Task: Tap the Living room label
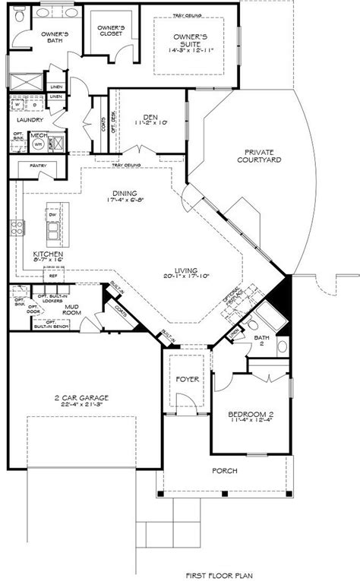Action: tap(185, 271)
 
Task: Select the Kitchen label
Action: tap(46, 254)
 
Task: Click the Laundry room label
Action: tap(28, 119)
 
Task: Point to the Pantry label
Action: tap(38, 164)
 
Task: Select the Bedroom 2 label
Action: tap(249, 415)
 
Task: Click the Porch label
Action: tap(226, 471)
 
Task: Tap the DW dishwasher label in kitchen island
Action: tap(53, 214)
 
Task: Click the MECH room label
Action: tap(36, 137)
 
